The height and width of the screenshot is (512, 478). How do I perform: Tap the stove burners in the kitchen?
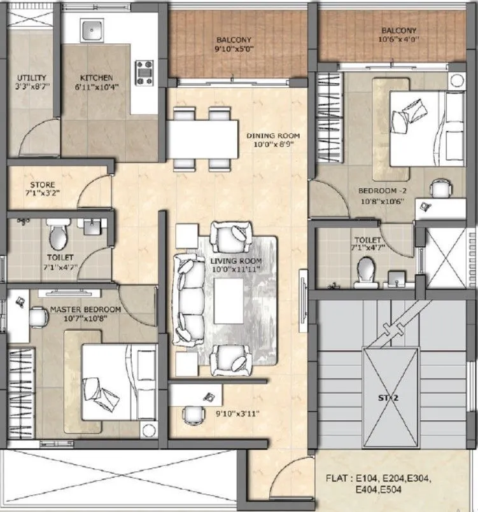coord(144,73)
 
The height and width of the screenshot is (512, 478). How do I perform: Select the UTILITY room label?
coord(29,78)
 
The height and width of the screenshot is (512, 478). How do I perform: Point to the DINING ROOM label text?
coord(273,136)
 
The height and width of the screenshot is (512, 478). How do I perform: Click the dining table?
coord(200,139)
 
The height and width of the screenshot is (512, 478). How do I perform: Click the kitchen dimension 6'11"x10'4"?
coord(96,87)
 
